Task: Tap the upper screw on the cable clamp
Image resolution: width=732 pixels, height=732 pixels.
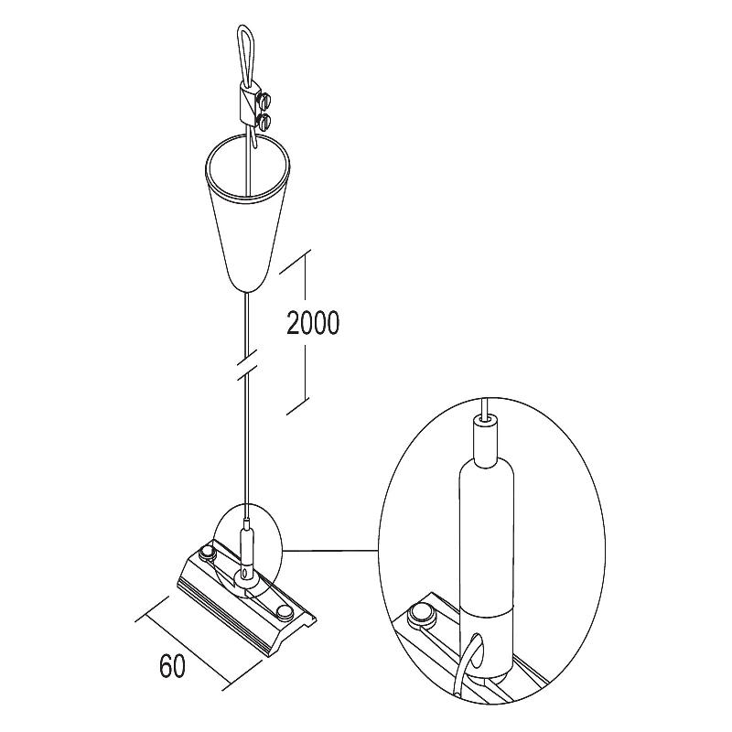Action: (x=266, y=99)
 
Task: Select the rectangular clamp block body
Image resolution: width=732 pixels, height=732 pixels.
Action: (x=248, y=105)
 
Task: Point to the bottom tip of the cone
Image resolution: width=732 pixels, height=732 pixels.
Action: (x=247, y=292)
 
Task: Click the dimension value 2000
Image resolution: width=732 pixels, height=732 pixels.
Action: (x=313, y=323)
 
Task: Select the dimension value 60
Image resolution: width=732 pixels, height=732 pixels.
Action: (x=172, y=666)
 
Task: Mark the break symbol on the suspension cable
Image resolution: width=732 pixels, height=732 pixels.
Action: (x=247, y=362)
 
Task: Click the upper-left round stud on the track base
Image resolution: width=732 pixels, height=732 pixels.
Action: (x=206, y=554)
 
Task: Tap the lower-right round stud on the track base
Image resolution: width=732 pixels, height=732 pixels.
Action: (x=284, y=611)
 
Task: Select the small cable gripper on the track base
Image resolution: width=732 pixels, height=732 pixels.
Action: (x=246, y=554)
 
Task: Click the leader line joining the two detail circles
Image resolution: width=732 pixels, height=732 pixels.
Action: (x=330, y=551)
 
